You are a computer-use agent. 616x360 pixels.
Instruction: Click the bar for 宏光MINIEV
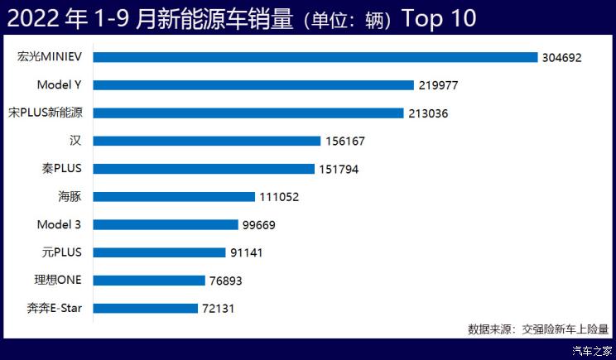click(x=315, y=57)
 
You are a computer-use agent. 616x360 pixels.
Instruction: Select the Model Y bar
click(x=253, y=85)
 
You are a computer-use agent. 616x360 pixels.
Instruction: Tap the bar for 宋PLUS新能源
click(x=248, y=113)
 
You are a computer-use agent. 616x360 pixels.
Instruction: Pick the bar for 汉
click(x=207, y=141)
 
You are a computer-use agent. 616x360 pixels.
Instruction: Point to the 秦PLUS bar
click(x=205, y=169)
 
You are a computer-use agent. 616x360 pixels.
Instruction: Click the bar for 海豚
click(x=174, y=197)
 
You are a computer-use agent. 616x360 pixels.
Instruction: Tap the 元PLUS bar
click(x=159, y=252)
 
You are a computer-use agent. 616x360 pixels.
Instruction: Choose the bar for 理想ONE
click(x=149, y=281)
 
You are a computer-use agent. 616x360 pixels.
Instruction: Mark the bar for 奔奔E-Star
click(x=146, y=309)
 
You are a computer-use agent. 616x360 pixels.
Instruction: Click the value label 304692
click(x=562, y=58)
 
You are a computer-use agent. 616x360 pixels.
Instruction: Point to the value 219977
click(x=438, y=85)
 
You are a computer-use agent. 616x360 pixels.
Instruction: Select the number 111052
click(x=278, y=197)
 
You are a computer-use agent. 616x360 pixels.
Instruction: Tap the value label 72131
click(x=222, y=309)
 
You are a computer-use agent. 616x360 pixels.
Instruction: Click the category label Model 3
click(x=59, y=224)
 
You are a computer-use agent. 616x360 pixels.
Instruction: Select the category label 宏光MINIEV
click(x=51, y=57)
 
